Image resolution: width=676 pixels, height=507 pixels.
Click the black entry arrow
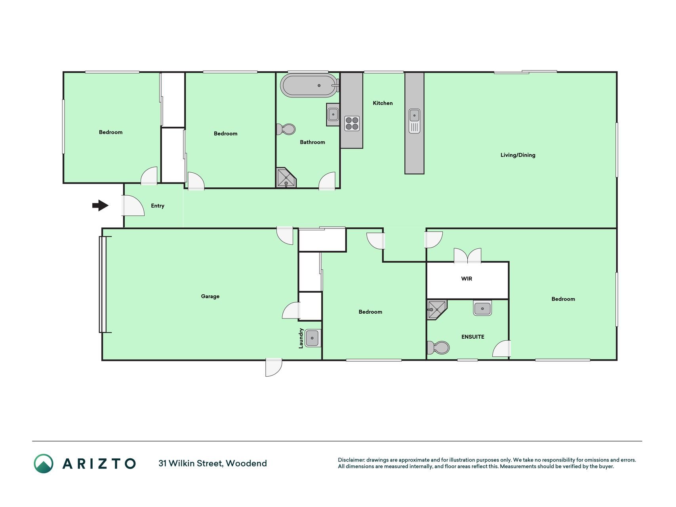(100, 205)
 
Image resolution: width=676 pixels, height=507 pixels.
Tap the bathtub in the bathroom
(309, 85)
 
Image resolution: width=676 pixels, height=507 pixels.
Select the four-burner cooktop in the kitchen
(352, 123)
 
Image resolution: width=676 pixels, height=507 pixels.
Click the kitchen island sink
(414, 121)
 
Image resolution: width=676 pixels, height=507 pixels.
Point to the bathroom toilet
(286, 129)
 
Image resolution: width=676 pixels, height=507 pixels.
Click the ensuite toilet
(438, 348)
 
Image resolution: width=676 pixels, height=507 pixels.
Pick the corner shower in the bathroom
(286, 177)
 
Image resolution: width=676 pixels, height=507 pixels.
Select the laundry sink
(312, 338)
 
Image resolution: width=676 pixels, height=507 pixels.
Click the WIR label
(467, 278)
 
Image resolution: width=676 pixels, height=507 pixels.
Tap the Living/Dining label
(518, 155)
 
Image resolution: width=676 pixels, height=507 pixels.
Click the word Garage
(210, 296)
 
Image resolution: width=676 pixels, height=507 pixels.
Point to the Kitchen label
(383, 103)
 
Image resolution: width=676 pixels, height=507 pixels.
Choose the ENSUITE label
(473, 337)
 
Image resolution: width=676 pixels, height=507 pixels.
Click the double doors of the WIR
(468, 256)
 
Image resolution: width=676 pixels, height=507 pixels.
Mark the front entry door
(133, 206)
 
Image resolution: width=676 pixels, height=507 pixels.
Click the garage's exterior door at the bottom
(274, 367)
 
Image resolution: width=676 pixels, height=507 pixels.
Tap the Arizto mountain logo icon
(44, 463)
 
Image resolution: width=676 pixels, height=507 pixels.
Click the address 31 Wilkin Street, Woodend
(213, 463)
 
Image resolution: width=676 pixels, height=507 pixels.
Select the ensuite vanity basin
(482, 308)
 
